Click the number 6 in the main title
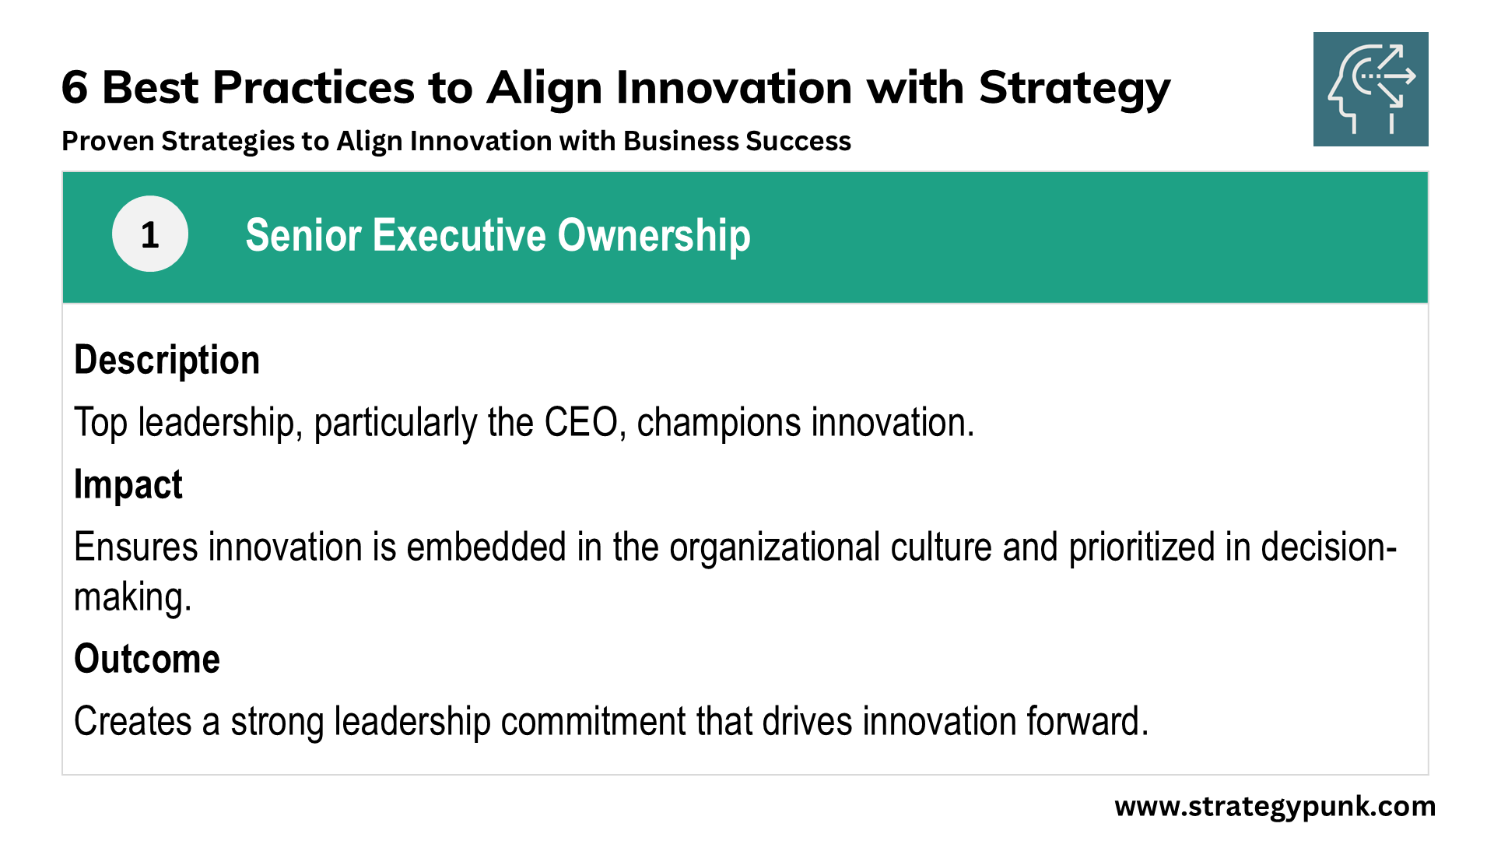tap(75, 87)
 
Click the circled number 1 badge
tap(150, 234)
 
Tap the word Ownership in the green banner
tap(654, 237)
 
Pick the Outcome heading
tap(147, 659)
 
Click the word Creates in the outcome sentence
tap(133, 721)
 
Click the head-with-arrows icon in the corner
tap(1371, 89)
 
